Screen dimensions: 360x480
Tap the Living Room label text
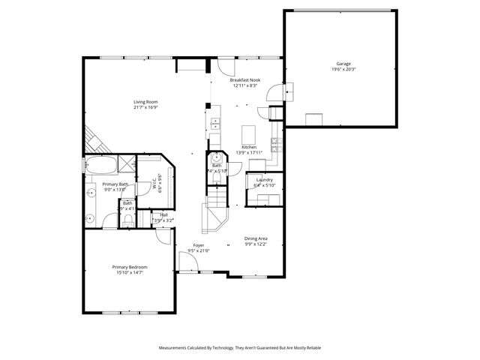point(145,102)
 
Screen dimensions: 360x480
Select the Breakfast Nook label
point(244,79)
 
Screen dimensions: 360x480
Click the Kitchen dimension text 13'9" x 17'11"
point(249,153)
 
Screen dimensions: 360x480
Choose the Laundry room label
point(264,180)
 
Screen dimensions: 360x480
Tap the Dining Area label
point(256,238)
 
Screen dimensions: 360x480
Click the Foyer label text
point(199,245)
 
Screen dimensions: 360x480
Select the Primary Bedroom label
point(129,267)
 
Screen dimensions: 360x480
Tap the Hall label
point(163,214)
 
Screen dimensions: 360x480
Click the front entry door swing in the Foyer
point(188,262)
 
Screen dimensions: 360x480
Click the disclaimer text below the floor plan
point(239,348)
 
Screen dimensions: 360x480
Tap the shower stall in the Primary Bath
point(127,163)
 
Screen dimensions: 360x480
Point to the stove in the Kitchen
point(276,147)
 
